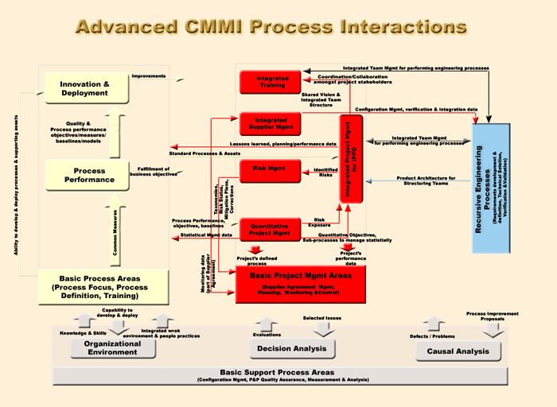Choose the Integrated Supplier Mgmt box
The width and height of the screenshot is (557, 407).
tap(271, 123)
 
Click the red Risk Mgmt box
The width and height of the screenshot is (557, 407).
tap(271, 169)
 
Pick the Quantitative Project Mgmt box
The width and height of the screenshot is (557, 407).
tap(271, 229)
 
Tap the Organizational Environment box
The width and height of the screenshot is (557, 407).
tap(111, 348)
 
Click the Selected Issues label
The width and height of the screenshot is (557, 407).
tap(322, 319)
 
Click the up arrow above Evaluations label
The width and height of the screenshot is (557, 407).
tap(267, 324)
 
